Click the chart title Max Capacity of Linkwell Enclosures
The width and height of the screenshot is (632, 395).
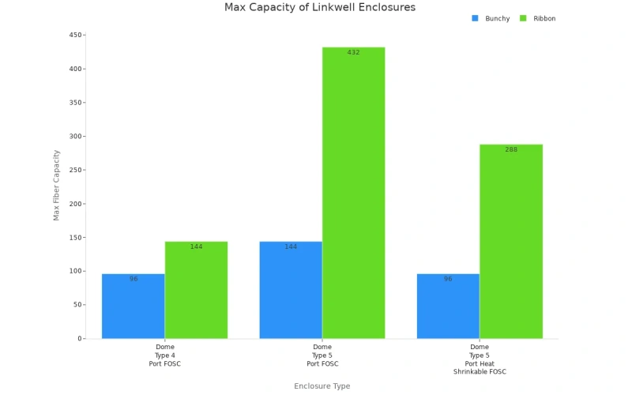click(319, 7)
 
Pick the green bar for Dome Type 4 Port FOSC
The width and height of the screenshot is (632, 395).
click(196, 290)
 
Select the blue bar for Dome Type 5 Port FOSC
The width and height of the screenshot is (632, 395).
click(291, 290)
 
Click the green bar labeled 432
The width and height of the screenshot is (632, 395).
click(353, 194)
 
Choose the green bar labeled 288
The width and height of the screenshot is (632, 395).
click(511, 242)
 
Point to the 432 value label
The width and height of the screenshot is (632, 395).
click(353, 53)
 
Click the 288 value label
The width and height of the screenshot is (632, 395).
click(511, 149)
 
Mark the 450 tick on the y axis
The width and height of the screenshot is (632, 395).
click(76, 35)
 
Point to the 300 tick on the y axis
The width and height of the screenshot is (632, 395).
click(76, 136)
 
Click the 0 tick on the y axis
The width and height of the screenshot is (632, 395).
click(79, 338)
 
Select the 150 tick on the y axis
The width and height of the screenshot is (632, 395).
click(76, 237)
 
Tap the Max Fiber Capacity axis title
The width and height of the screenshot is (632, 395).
click(56, 186)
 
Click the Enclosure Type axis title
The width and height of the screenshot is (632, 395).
click(322, 386)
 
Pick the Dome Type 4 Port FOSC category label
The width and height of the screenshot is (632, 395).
click(165, 355)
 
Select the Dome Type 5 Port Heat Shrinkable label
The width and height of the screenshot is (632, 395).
click(480, 359)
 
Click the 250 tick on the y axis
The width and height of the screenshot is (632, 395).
click(76, 170)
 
